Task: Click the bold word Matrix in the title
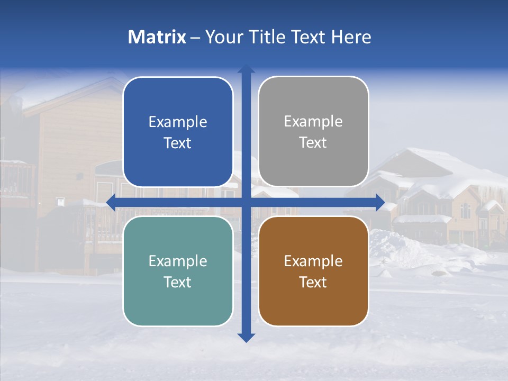click(x=157, y=37)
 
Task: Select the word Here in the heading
click(x=351, y=37)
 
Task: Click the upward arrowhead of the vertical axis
click(x=246, y=69)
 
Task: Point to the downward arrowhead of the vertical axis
click(x=246, y=338)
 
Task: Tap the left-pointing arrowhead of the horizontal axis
click(x=111, y=203)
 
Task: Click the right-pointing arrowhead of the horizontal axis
click(x=380, y=203)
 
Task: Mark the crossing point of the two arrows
click(x=246, y=203)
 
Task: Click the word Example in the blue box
click(x=178, y=122)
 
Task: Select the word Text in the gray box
click(x=313, y=143)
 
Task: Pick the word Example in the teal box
click(x=178, y=261)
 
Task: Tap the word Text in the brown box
click(x=313, y=282)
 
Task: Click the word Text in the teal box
click(x=178, y=282)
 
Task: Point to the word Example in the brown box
click(x=313, y=261)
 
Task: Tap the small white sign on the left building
click(x=60, y=201)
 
